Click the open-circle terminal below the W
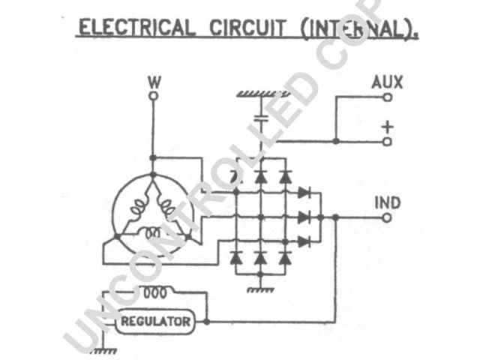click(x=154, y=96)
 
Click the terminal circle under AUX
click(x=387, y=97)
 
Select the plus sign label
click(x=387, y=126)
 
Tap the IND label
click(x=387, y=202)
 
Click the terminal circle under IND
click(x=387, y=217)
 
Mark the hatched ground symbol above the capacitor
click(x=262, y=94)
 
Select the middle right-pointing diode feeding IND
click(x=304, y=217)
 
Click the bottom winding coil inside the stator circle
click(x=154, y=232)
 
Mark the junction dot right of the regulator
click(x=206, y=321)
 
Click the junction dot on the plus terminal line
click(x=335, y=140)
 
